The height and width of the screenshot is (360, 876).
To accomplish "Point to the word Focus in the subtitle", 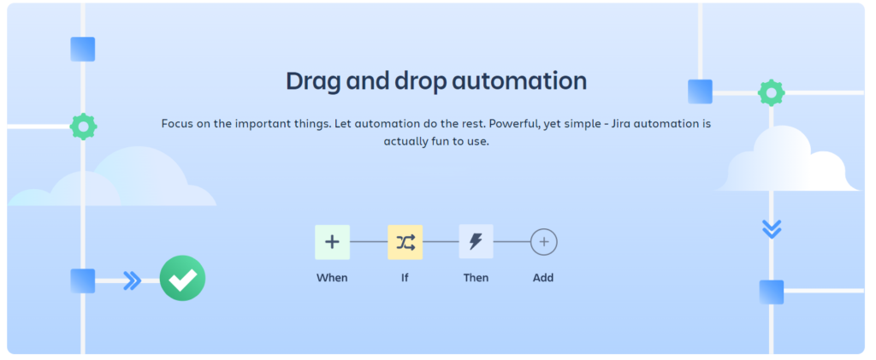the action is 176,123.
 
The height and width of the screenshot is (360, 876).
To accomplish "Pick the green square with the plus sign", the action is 333,242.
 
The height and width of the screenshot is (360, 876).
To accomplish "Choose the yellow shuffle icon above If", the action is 405,242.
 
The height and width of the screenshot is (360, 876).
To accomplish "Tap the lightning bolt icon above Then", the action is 476,242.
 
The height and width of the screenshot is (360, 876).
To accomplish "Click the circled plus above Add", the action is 543,242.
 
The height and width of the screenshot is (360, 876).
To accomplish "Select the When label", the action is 332,277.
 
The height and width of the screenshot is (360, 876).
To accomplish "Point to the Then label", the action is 476,277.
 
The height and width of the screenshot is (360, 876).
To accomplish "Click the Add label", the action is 543,277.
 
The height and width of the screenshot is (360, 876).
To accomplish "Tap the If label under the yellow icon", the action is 405,277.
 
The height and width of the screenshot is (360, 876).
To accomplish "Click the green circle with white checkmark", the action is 183,278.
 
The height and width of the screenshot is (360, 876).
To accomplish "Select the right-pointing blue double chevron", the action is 132,280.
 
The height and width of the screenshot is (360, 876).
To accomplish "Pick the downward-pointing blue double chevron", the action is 772,229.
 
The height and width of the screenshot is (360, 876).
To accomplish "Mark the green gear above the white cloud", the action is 772,93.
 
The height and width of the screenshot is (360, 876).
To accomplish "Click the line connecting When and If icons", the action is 369,242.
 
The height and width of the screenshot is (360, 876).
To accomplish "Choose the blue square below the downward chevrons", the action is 772,292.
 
